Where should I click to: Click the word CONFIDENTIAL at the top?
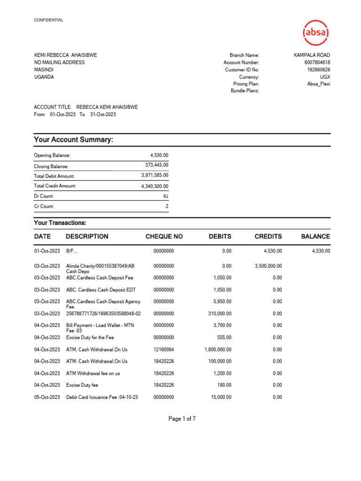click(x=48, y=20)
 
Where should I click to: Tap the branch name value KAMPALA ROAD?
click(x=312, y=55)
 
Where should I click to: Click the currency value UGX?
click(x=325, y=77)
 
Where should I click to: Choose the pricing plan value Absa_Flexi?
click(x=318, y=84)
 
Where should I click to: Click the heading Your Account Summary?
click(x=73, y=140)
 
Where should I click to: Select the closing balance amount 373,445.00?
click(x=157, y=165)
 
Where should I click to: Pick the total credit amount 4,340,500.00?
click(x=155, y=186)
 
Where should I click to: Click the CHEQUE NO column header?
click(x=164, y=237)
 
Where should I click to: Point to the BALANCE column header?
click(x=315, y=237)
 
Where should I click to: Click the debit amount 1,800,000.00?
click(x=218, y=349)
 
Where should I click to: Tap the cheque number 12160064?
click(x=164, y=349)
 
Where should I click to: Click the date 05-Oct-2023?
click(x=47, y=397)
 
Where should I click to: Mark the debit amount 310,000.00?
click(x=220, y=313)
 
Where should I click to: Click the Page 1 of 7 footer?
click(x=182, y=419)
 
